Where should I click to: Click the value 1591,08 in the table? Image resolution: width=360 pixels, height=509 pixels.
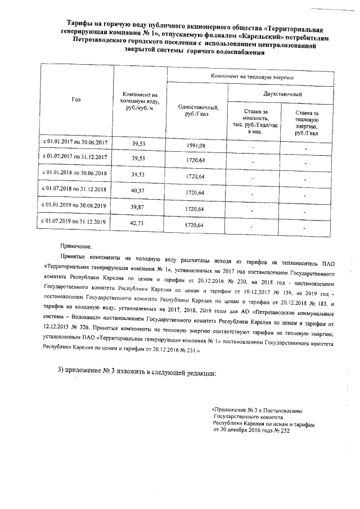tap(196, 146)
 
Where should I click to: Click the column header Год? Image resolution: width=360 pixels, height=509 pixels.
tap(76, 100)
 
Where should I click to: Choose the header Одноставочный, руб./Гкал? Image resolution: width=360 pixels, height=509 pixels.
tap(197, 110)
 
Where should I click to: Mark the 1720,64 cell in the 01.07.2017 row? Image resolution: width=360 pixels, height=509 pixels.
tap(196, 161)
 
